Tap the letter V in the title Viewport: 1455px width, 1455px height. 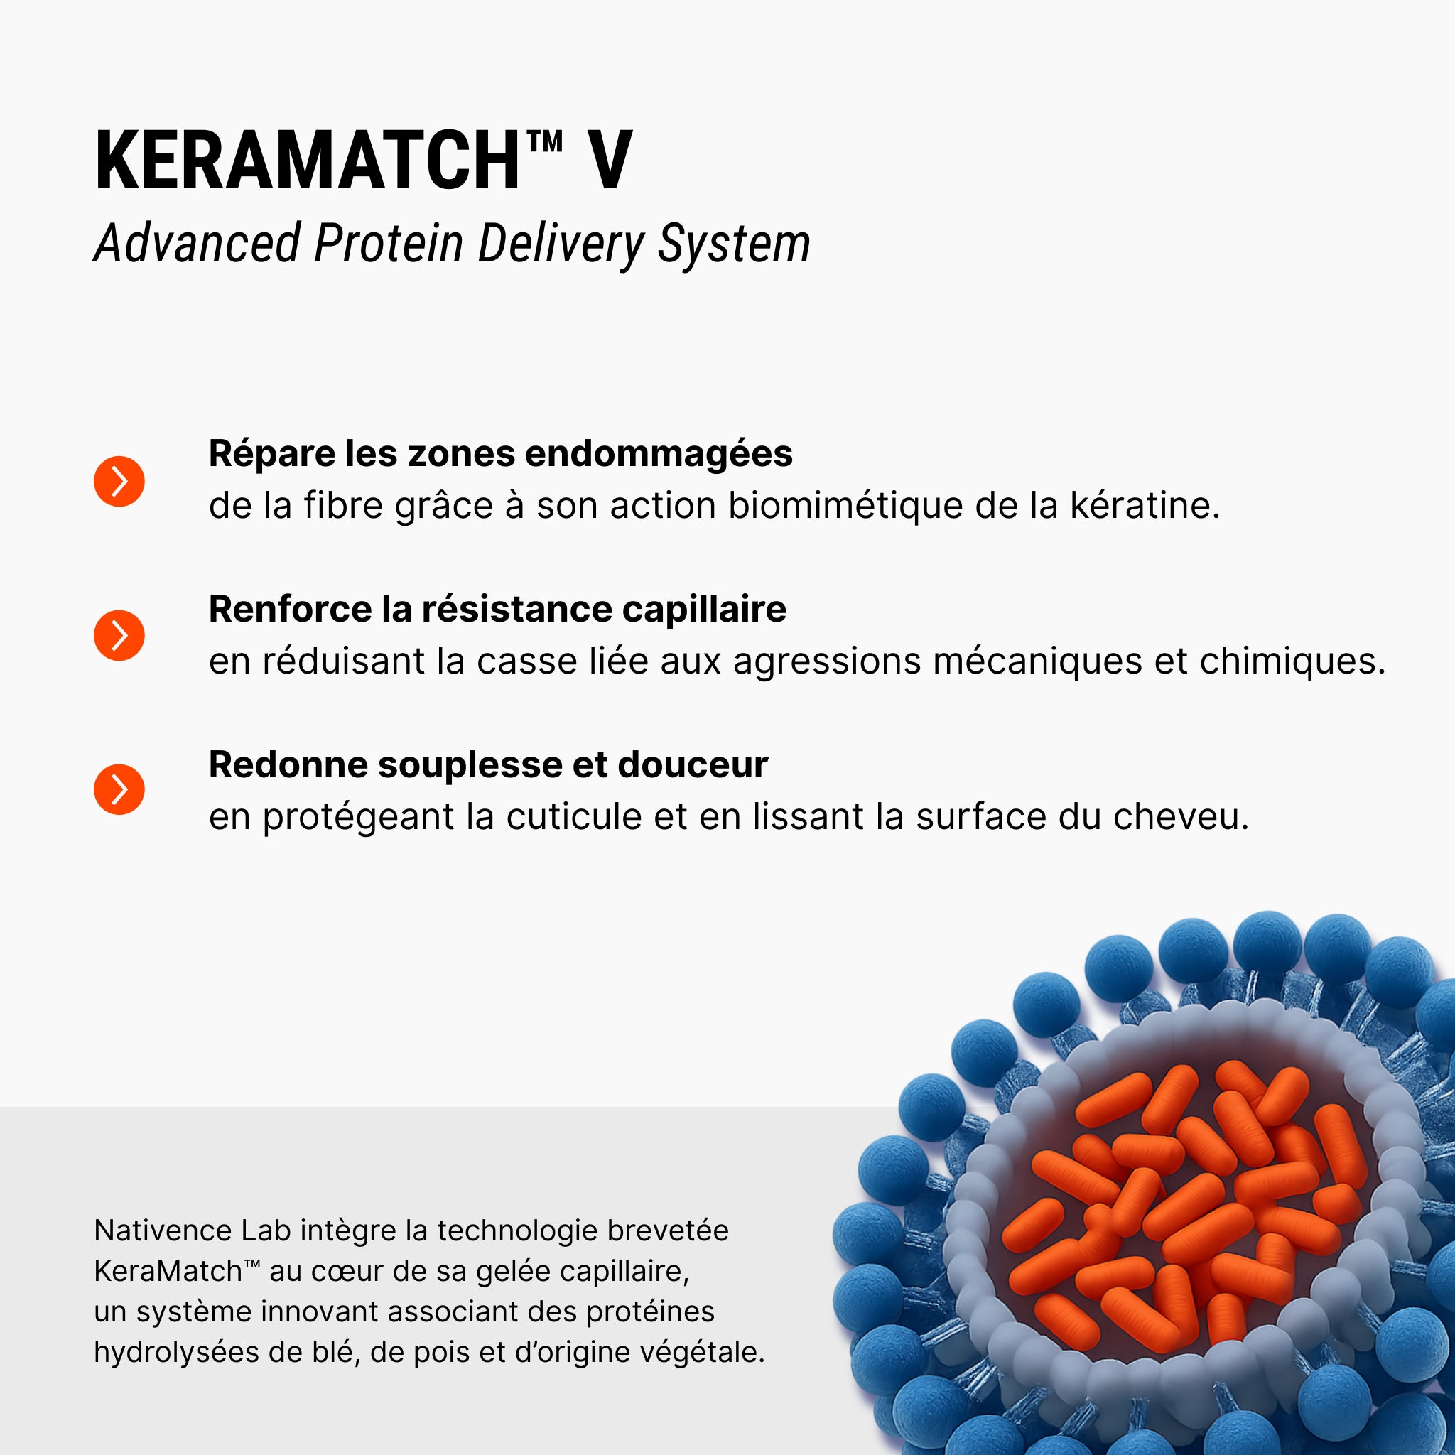[610, 161]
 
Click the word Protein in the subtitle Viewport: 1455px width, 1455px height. [389, 244]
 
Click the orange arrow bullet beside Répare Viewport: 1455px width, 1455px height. [119, 481]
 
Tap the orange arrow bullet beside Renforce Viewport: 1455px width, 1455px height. [119, 636]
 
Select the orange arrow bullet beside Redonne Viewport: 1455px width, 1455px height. [119, 790]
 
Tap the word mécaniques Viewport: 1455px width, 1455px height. [1037, 661]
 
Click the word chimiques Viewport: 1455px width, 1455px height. [1292, 661]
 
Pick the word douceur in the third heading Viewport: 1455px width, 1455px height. [693, 764]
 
